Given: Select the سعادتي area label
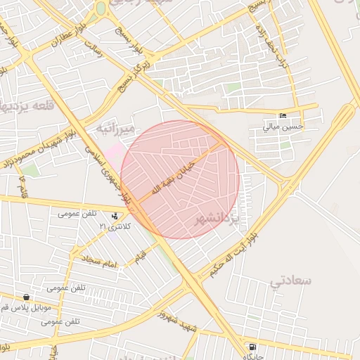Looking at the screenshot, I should [x=291, y=281].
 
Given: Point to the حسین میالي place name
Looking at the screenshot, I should [x=283, y=127].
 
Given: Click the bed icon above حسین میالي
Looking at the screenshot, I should [x=283, y=115].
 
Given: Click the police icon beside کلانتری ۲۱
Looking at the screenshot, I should [x=115, y=216].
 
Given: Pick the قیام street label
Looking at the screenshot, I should [x=140, y=253].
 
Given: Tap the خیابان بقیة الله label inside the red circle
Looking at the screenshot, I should [x=173, y=173].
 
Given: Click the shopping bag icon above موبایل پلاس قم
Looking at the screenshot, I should [x=27, y=297].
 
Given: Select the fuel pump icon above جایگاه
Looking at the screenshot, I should [x=252, y=347].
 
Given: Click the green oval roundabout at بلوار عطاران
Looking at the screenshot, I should [x=101, y=8].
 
